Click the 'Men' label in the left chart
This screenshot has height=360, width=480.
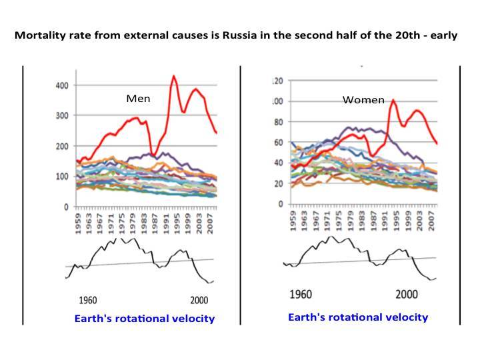coord(138,99)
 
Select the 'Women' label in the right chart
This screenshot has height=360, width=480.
coord(363,100)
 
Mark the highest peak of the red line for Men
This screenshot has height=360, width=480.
coord(174,76)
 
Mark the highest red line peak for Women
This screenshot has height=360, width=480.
coord(393,100)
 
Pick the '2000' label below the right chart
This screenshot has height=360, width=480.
coord(407,295)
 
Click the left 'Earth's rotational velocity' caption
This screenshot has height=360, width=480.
coord(145,319)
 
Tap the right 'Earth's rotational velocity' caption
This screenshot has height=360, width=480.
coord(358,317)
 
